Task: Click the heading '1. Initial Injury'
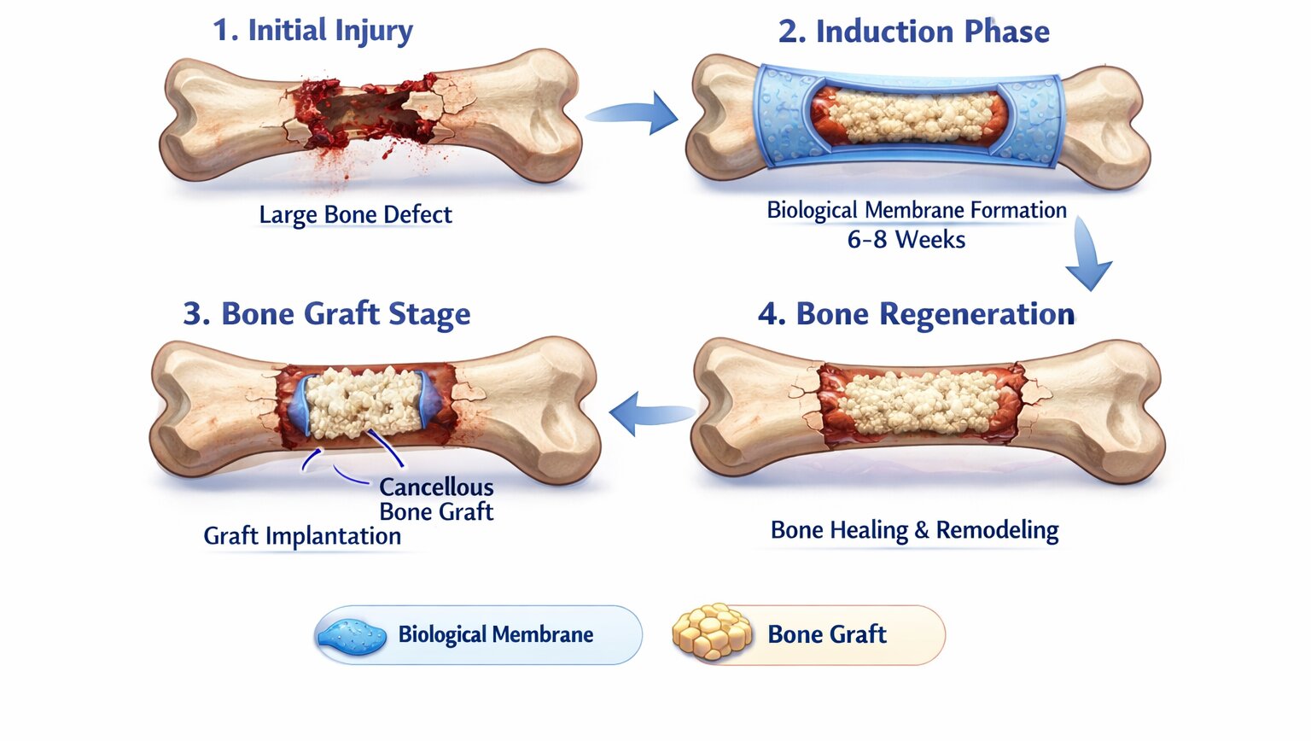click(x=312, y=31)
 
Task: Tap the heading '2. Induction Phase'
click(x=913, y=32)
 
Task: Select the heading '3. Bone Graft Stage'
click(x=327, y=313)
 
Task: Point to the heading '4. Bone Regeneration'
click(x=917, y=314)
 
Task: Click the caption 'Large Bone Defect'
click(x=355, y=215)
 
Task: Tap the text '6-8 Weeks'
click(x=906, y=239)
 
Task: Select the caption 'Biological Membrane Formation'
click(x=917, y=210)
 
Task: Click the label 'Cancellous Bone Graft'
click(x=436, y=499)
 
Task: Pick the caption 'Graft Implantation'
click(x=302, y=536)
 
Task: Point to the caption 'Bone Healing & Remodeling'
click(x=914, y=530)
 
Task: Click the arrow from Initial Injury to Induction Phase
click(x=633, y=114)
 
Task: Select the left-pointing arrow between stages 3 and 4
click(x=651, y=413)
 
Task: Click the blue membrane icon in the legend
click(x=351, y=637)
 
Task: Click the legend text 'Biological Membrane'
click(x=496, y=634)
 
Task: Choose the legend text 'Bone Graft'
click(x=827, y=634)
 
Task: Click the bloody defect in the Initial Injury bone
click(x=366, y=114)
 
